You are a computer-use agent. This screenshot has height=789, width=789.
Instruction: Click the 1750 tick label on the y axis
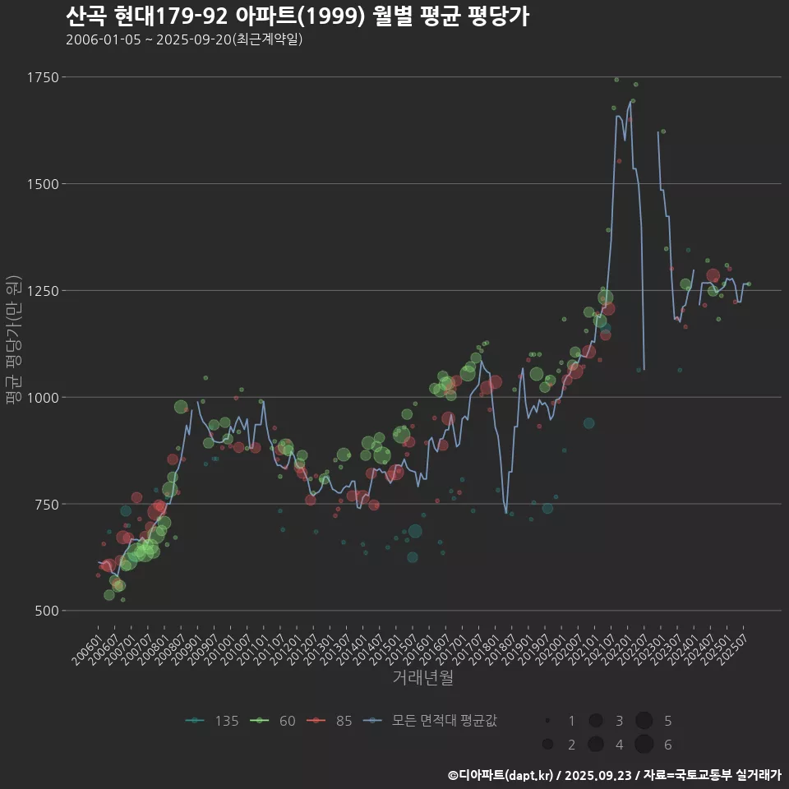(43, 77)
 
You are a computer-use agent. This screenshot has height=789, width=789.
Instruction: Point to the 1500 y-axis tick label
(43, 184)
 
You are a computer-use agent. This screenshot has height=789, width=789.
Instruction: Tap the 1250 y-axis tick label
(43, 290)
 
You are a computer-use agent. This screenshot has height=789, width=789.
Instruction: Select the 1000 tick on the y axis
(43, 397)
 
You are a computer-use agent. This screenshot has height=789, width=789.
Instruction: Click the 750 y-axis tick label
(46, 504)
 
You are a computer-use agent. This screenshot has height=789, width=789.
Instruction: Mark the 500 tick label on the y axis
(46, 611)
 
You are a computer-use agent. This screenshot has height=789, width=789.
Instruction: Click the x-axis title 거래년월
(422, 678)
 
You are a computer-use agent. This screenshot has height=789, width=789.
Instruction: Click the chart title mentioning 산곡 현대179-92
(297, 16)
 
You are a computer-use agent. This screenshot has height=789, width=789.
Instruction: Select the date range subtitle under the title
(184, 39)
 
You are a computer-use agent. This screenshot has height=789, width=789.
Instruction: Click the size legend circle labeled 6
(644, 745)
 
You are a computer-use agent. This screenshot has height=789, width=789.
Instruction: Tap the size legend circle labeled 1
(547, 721)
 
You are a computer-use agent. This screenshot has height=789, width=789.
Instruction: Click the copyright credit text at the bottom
(614, 774)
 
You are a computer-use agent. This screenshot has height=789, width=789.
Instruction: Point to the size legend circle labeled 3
(596, 721)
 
